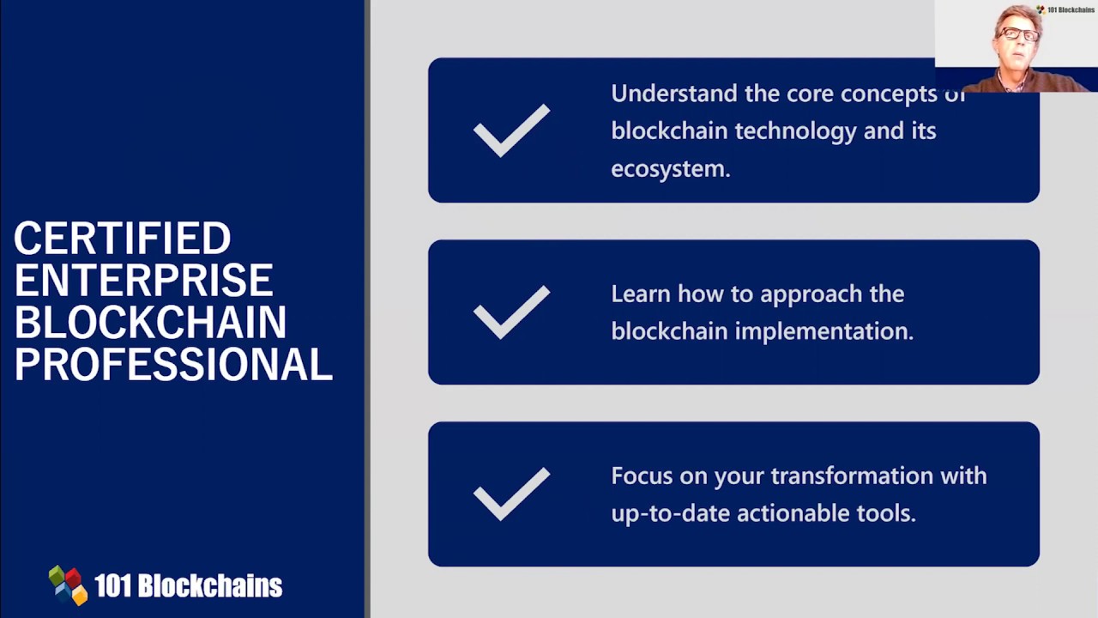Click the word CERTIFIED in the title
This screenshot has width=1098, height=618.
(122, 239)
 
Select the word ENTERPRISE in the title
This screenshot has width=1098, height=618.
(143, 281)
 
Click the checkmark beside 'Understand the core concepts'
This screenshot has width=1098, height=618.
(511, 130)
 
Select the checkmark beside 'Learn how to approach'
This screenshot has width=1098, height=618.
(511, 312)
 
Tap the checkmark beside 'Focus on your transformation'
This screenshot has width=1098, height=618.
(511, 494)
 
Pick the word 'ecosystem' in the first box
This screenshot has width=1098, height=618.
(669, 169)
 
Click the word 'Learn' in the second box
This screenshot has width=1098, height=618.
(640, 294)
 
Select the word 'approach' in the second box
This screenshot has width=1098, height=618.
(810, 294)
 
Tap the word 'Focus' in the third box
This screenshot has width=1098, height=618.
(642, 476)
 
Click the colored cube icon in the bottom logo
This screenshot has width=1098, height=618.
(69, 585)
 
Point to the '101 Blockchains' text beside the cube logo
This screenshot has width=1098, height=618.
(188, 586)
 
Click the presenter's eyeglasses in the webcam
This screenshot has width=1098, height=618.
(1018, 34)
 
